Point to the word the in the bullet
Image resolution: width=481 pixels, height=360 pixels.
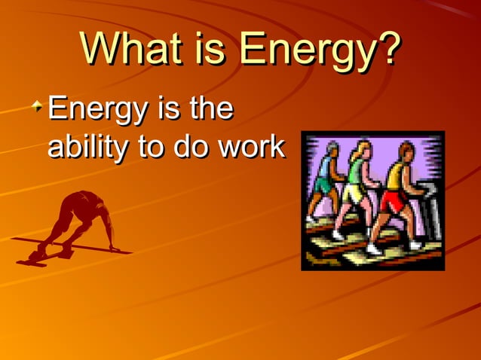[210, 109]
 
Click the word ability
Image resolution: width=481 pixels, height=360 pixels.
[84, 146]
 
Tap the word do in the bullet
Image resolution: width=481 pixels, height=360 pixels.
[192, 146]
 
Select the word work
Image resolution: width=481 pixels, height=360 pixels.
[251, 146]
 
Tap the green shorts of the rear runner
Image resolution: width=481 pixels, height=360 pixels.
[325, 185]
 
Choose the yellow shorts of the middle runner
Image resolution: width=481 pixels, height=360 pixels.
[353, 194]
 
